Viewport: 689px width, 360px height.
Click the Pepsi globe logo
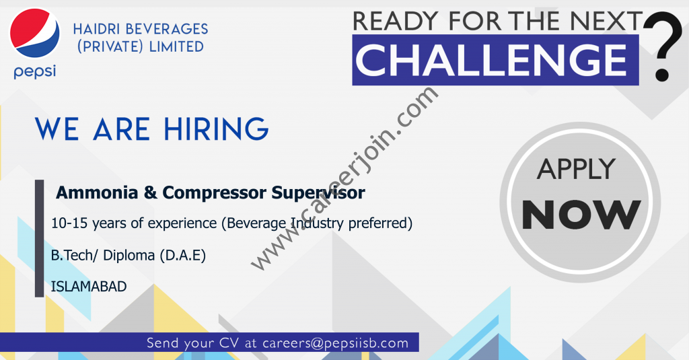point(35,33)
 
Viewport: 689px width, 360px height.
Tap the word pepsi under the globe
point(35,71)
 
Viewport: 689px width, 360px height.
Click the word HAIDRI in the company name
point(96,29)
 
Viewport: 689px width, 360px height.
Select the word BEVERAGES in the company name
point(167,29)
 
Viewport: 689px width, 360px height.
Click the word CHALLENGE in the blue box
point(491,60)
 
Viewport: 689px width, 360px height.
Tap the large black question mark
point(663,46)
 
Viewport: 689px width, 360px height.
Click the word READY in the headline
point(396,21)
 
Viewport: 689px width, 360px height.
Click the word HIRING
point(216,129)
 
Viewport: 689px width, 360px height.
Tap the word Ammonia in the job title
point(97,192)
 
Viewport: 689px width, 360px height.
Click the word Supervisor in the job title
point(318,193)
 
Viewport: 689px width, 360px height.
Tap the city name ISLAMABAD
point(89,287)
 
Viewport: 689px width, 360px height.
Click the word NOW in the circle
point(581,215)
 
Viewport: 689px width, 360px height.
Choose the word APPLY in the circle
point(576,169)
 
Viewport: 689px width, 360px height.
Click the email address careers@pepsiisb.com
point(335,343)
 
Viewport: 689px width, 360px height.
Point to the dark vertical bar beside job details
point(40,238)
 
